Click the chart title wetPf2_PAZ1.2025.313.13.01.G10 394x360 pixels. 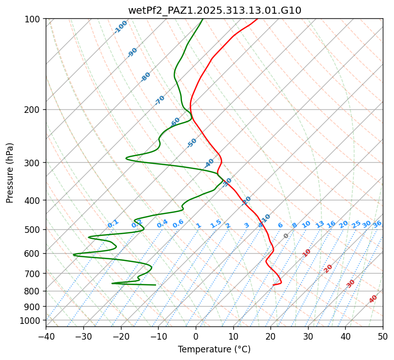(215, 10)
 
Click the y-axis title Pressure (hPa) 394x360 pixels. (10, 173)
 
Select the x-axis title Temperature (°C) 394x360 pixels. (215, 349)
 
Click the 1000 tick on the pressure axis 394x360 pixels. (32, 320)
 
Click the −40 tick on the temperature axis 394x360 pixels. (46, 336)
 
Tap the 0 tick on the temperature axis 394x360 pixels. (196, 336)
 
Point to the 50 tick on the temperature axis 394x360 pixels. (383, 336)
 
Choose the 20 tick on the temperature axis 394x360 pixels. (271, 336)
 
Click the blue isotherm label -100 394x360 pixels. (121, 27)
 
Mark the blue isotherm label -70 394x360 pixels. (160, 100)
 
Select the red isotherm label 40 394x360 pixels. (373, 299)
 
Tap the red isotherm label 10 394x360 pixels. (307, 253)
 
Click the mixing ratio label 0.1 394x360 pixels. (113, 224)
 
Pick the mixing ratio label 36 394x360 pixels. (377, 224)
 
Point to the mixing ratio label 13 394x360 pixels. (320, 224)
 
